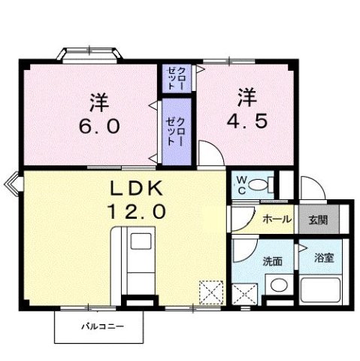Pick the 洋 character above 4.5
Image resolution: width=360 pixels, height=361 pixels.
click(x=247, y=96)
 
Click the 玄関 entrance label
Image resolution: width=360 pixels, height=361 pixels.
click(x=317, y=220)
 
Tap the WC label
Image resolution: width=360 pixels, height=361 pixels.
click(x=242, y=184)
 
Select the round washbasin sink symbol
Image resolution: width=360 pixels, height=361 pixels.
click(x=277, y=286)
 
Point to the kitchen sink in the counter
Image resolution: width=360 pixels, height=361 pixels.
click(x=141, y=243)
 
